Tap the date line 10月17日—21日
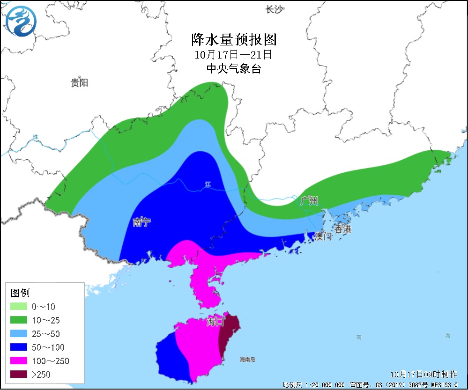233,54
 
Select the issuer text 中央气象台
233,69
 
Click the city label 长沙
274,9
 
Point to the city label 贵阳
79,83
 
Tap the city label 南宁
142,222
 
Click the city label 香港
342,229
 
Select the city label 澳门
323,236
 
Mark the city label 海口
216,322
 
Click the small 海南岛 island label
247,360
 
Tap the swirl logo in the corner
21,21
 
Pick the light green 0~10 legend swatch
18,307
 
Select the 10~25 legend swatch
18,321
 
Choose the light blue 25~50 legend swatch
18,334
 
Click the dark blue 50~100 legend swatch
18,347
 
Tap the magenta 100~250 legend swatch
18,361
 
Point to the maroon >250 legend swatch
18,374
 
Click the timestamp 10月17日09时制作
423,375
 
